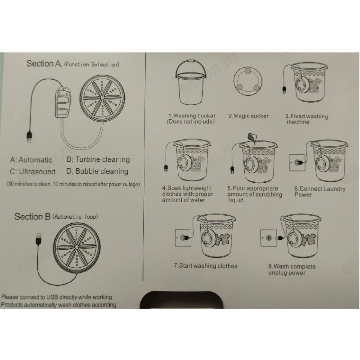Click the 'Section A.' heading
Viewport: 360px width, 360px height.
44,63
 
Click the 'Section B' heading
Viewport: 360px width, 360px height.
32,216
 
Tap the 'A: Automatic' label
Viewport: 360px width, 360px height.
31,160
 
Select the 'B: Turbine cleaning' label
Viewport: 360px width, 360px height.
98,159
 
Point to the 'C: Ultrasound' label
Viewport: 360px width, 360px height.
32,171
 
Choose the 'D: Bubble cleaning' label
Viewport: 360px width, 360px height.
97,171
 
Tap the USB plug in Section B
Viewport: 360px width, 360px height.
39,239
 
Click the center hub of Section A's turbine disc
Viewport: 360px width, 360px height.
103,98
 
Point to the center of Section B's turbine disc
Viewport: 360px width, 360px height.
76,247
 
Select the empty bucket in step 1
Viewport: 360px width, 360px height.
191,82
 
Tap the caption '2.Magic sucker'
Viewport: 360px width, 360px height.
248,116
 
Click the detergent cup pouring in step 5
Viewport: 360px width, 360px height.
252,138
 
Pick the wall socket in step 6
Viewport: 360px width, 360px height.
297,163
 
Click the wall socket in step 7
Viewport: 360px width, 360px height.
183,238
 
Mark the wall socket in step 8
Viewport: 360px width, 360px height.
269,238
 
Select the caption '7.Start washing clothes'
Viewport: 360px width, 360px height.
206,266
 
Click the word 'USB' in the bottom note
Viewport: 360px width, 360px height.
52,297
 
